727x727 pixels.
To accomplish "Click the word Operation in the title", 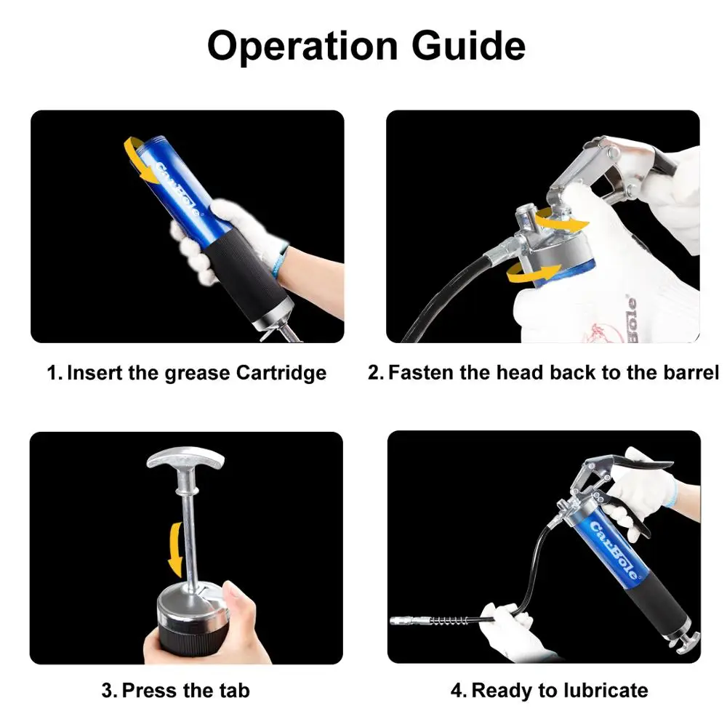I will pyautogui.click(x=302, y=47).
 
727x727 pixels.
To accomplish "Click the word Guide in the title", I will pyautogui.click(x=469, y=47).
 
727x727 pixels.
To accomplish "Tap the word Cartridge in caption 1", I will pyautogui.click(x=281, y=374).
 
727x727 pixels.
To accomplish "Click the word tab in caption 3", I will pyautogui.click(x=232, y=689).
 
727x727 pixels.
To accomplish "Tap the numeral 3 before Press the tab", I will pyautogui.click(x=108, y=689).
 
